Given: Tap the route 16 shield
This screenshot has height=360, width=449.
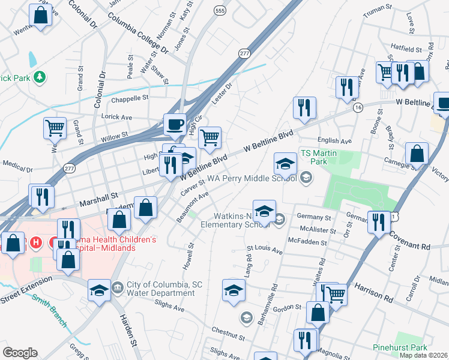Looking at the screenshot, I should point(358,107).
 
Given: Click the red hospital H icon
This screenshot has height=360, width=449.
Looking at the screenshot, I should point(36,243).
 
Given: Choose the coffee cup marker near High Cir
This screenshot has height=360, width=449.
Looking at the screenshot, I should point(175,124).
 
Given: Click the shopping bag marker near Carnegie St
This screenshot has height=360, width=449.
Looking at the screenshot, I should point(417,154).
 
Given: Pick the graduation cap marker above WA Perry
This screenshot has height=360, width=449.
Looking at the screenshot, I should point(286,163).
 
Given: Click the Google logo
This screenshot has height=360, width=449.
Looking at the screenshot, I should point(20,352).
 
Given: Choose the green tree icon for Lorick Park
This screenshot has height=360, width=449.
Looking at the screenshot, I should point(40,77).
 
